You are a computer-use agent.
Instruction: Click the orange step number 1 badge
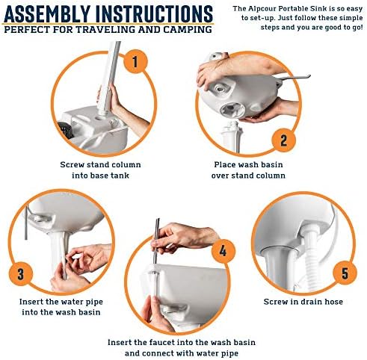click(x=135, y=61)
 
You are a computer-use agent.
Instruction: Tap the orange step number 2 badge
click(x=283, y=140)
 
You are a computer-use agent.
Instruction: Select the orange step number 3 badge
click(x=21, y=273)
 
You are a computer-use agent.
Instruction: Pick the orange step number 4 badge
click(x=223, y=251)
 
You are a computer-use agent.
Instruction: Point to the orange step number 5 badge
click(x=345, y=273)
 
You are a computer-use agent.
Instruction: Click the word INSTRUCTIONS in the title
click(x=155, y=13)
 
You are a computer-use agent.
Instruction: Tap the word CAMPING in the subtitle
click(x=188, y=29)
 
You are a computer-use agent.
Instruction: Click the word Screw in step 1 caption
click(x=72, y=164)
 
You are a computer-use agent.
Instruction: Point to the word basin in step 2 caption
click(x=272, y=164)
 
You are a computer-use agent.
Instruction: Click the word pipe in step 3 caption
click(x=93, y=302)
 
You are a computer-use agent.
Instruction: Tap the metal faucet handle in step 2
click(x=294, y=78)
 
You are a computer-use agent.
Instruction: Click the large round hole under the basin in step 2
click(x=233, y=110)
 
